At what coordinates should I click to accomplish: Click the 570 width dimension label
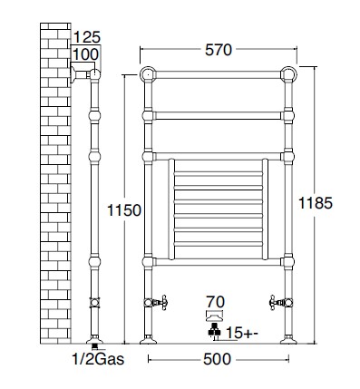219,50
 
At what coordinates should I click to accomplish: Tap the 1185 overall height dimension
316,203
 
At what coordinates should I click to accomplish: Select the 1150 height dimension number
124,210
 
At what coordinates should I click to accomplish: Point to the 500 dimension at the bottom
217,359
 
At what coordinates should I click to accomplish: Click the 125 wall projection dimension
87,38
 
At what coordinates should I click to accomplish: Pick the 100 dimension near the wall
86,54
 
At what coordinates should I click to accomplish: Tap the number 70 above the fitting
216,302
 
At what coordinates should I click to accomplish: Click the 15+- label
242,333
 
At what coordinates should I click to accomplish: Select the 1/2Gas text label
98,359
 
